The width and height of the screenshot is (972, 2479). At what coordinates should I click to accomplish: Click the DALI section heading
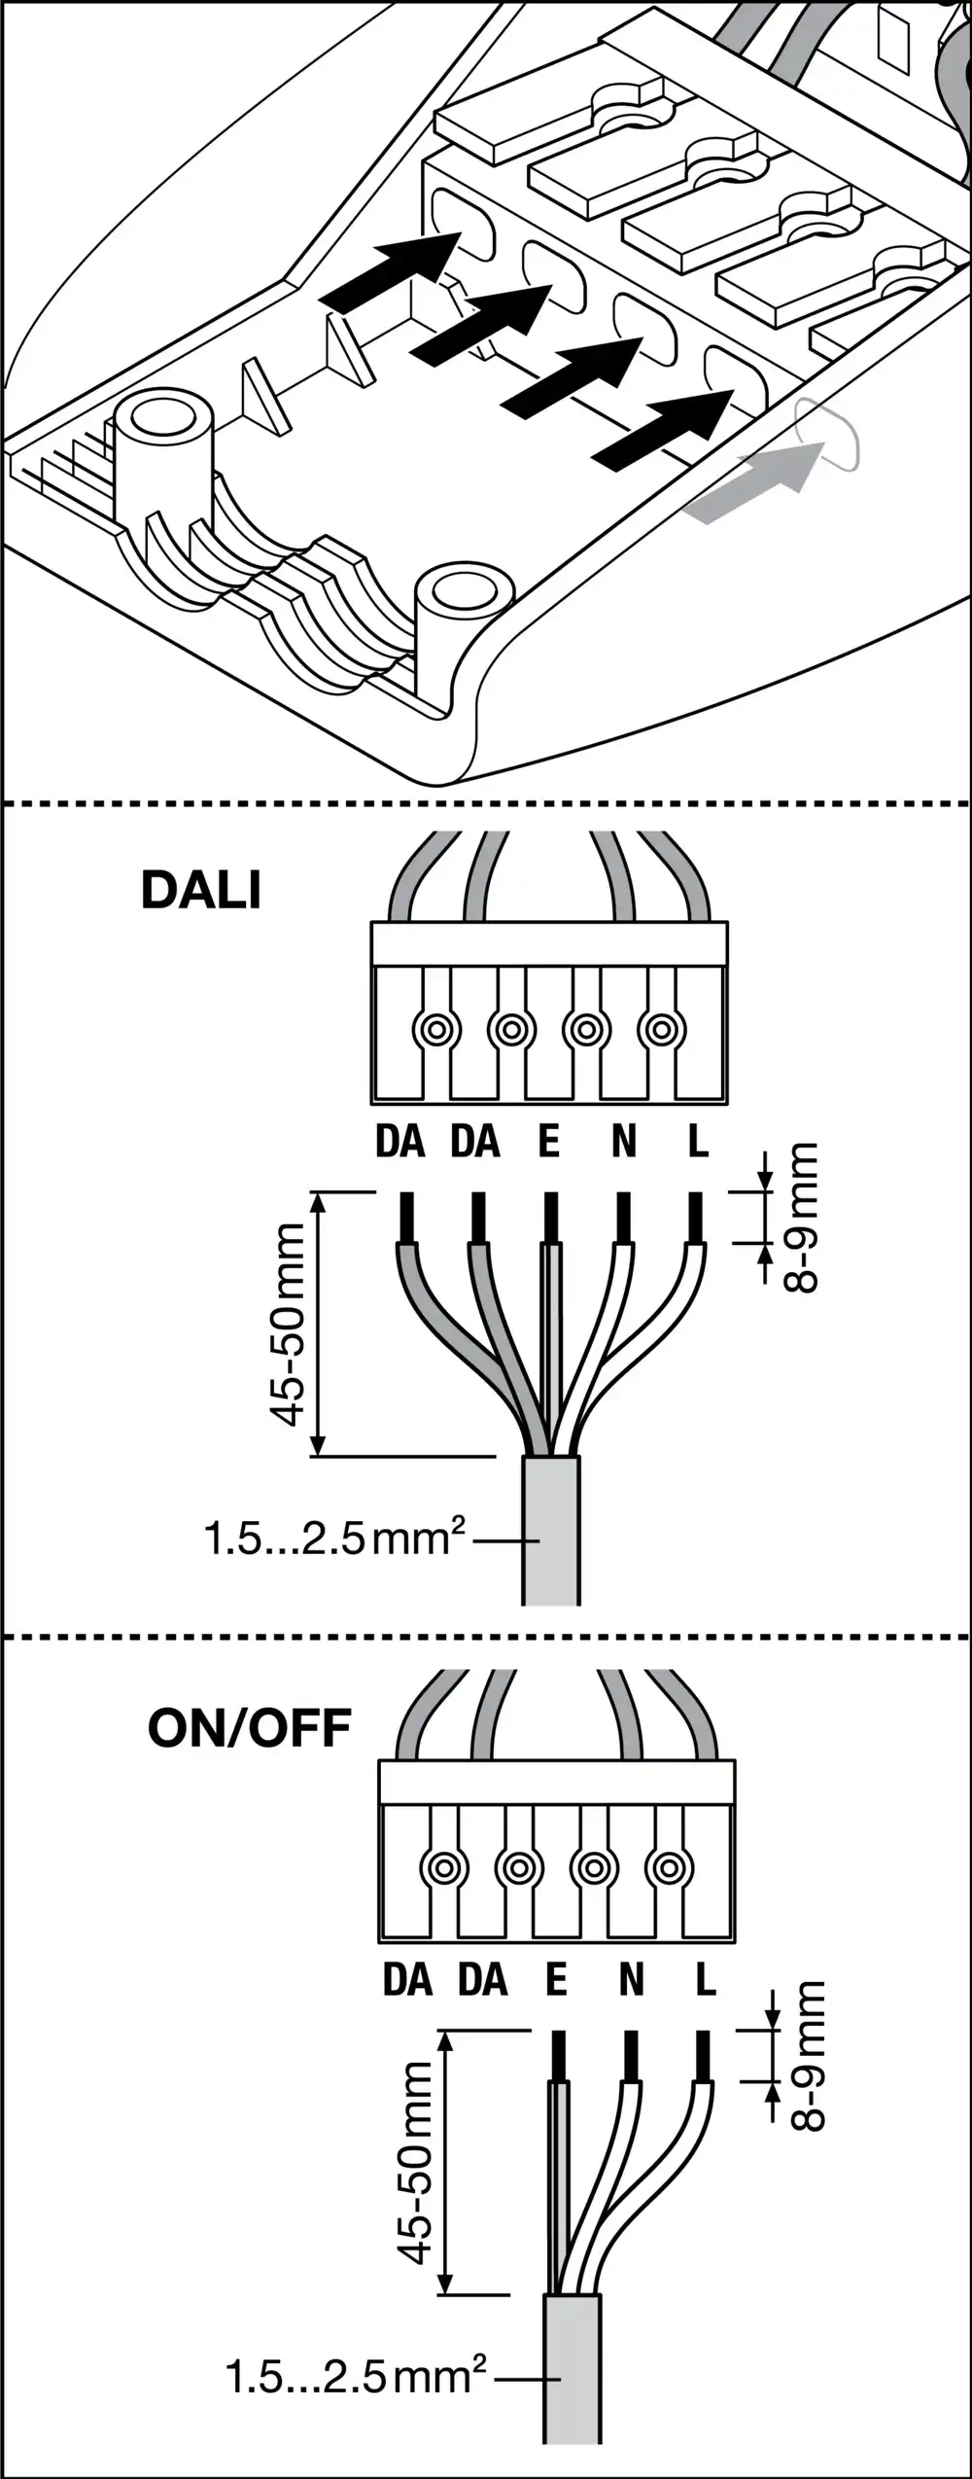click(x=201, y=889)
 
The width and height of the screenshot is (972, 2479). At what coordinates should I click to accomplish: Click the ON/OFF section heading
click(x=249, y=1728)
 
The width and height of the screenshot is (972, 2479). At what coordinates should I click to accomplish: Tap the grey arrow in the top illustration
click(x=753, y=482)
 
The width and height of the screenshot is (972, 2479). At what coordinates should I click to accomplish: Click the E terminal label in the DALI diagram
click(x=549, y=1141)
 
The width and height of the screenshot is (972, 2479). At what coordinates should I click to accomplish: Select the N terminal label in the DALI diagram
click(x=624, y=1141)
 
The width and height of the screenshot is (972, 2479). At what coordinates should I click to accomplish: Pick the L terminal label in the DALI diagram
click(x=698, y=1141)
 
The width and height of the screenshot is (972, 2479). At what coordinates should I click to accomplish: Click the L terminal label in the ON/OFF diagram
click(x=706, y=1978)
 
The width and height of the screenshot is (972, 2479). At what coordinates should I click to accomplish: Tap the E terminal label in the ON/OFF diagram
click(x=556, y=1978)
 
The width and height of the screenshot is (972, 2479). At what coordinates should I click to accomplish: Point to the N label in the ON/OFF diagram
click(x=632, y=1978)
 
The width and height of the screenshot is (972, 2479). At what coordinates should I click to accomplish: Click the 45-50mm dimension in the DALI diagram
click(x=289, y=1324)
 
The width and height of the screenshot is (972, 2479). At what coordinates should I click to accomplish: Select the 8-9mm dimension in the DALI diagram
click(x=803, y=1217)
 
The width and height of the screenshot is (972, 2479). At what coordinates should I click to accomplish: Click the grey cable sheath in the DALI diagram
click(x=551, y=1531)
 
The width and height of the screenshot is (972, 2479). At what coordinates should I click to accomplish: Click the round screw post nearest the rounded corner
click(x=464, y=594)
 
